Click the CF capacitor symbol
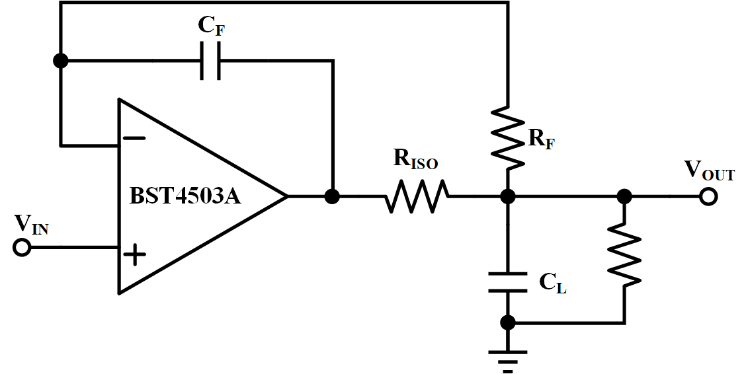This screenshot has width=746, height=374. point(210,61)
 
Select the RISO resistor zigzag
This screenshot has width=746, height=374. point(417,196)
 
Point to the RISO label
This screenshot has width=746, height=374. point(415,160)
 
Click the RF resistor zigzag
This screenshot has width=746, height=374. point(508,138)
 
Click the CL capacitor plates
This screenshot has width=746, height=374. point(508,282)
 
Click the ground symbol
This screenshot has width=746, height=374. point(508,361)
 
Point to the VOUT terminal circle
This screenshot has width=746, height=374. point(708,196)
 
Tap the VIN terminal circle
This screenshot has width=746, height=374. point(21,248)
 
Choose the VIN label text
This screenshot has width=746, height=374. point(31,224)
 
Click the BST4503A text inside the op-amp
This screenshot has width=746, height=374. point(186,196)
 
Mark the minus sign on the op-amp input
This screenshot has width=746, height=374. point(135,138)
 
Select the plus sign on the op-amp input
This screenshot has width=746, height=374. point(135,254)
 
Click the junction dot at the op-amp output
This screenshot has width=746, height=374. point(331,196)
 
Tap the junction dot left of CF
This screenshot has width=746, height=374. point(61,61)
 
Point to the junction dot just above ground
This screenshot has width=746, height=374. point(508,322)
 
